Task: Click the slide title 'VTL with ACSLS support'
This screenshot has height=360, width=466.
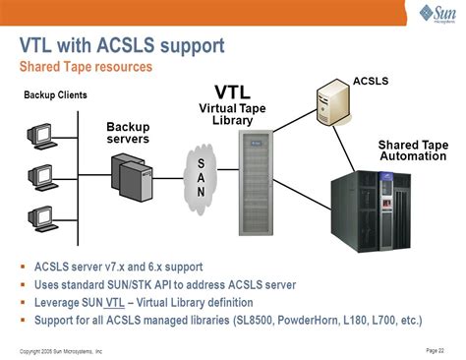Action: tap(122, 46)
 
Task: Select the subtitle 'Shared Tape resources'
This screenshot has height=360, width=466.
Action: tap(87, 67)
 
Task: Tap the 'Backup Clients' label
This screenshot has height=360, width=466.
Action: tap(55, 95)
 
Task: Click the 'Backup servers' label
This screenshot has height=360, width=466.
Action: tap(128, 133)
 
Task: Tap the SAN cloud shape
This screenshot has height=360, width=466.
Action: tap(201, 176)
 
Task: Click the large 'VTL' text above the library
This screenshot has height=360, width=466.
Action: tap(233, 90)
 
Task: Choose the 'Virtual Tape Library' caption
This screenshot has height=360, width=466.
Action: tap(233, 114)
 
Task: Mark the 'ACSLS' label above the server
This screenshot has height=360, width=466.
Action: tap(370, 78)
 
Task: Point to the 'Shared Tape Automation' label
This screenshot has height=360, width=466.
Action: tap(413, 151)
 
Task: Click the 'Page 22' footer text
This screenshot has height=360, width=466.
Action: tap(435, 349)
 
